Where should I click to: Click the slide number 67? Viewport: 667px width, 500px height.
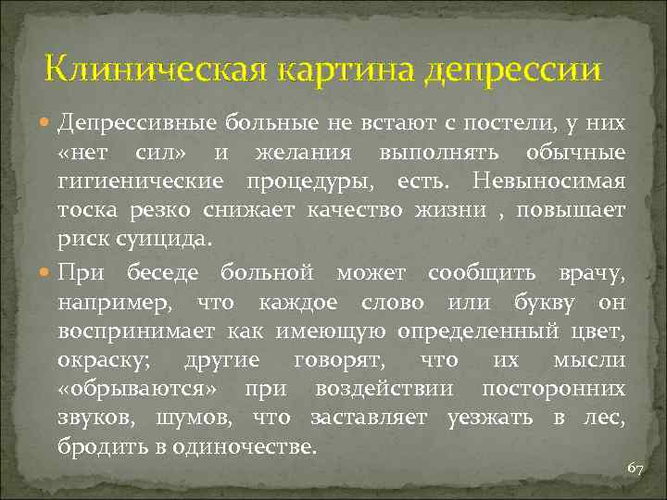[635, 469]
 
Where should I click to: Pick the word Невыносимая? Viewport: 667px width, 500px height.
[561, 180]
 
